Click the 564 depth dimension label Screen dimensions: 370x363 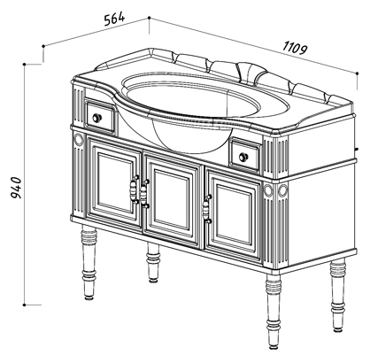[114, 19]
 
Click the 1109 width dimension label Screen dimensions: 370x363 [295, 48]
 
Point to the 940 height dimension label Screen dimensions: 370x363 [16, 188]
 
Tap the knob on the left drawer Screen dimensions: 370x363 [96, 118]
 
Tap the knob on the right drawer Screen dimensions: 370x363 [243, 157]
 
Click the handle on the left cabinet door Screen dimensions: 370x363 [135, 189]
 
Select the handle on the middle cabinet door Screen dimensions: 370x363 [144, 193]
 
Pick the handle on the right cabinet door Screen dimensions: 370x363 [207, 208]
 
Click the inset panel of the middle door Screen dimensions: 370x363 [171, 200]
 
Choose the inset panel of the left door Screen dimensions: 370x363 [114, 182]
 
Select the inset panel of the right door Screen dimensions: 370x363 [234, 215]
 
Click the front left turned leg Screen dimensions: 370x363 [89, 262]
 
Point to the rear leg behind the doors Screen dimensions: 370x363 [153, 262]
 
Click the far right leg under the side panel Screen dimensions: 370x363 [338, 295]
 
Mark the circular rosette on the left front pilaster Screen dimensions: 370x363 [79, 138]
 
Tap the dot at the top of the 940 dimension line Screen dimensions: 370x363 [25, 64]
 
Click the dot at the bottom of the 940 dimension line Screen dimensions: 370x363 [24, 305]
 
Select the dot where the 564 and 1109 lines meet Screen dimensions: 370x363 [150, 18]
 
